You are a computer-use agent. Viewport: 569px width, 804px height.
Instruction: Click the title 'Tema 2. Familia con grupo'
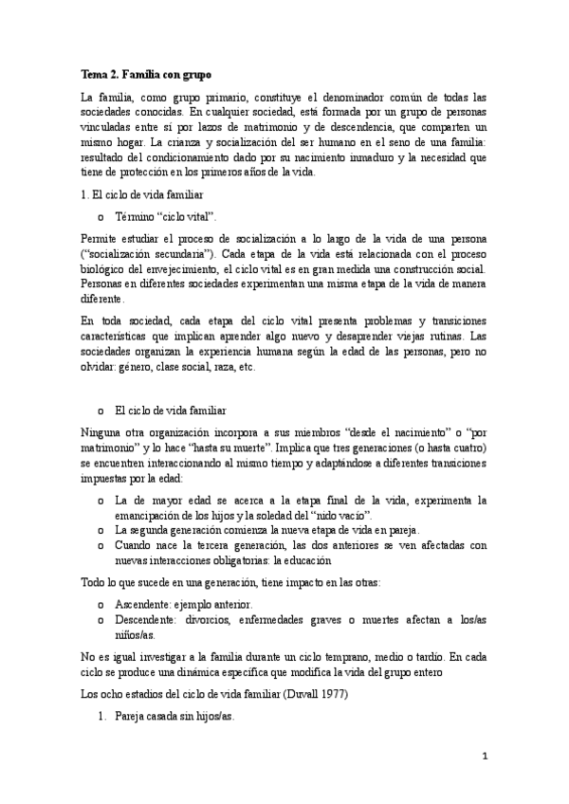146,73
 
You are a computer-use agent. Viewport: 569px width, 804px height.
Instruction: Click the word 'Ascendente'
143,604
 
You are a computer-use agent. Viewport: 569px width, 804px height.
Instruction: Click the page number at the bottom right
485,758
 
